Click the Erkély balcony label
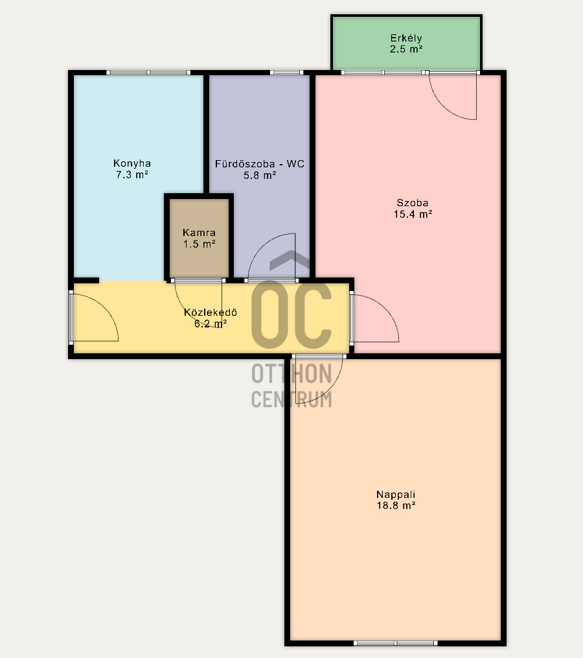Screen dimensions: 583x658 click(406, 38)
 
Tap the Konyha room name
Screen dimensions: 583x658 click(132, 163)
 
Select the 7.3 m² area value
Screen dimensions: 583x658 click(132, 174)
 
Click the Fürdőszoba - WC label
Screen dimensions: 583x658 click(260, 163)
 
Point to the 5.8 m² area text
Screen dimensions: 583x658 click(260, 175)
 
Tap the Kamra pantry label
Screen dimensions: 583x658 click(200, 233)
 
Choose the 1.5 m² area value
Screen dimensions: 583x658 click(200, 244)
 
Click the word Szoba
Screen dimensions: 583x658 click(413, 203)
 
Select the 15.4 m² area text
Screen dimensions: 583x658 click(413, 214)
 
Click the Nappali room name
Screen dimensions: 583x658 click(396, 495)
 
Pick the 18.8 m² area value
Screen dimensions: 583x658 click(396, 505)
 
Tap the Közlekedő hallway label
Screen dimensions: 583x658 click(211, 312)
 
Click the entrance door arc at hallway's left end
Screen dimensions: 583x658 click(106, 307)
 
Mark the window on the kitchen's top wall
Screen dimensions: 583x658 click(148, 73)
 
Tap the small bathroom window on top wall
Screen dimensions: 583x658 click(286, 73)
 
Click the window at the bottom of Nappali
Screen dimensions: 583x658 click(396, 643)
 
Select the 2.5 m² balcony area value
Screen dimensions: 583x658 click(406, 49)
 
